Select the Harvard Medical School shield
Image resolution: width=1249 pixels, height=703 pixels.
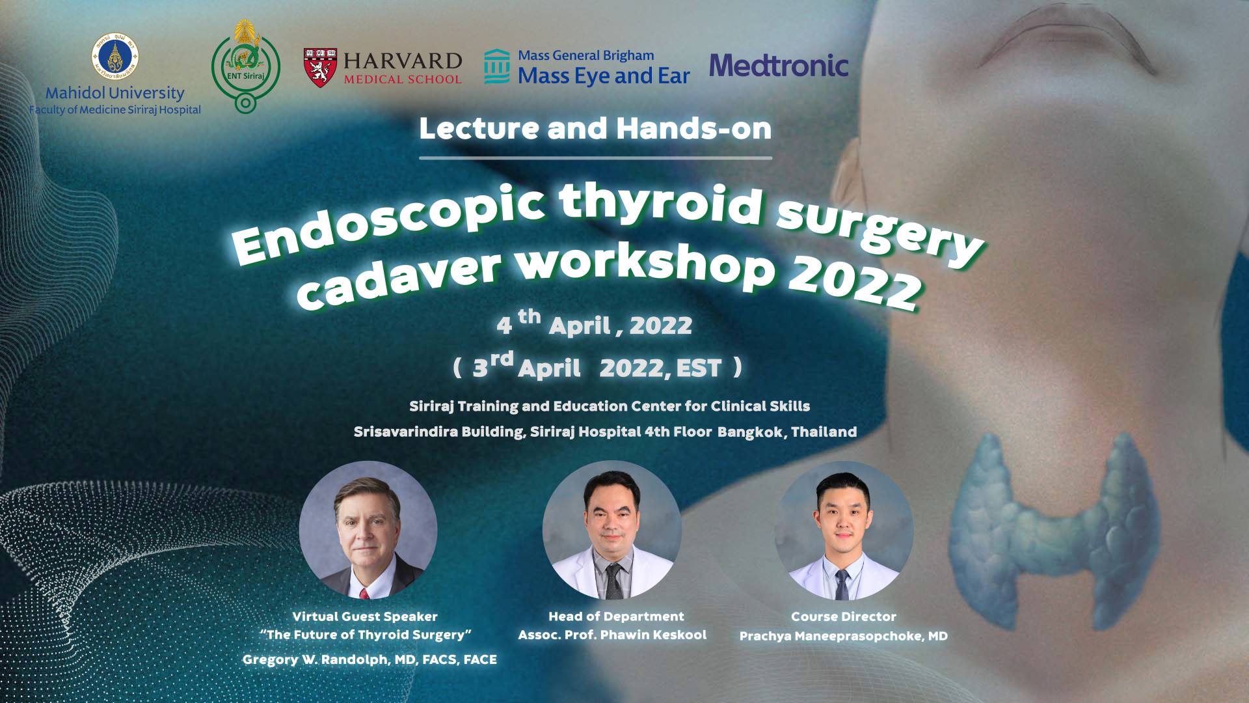[x=320, y=68]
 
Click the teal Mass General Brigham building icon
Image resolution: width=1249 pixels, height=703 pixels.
[x=497, y=66]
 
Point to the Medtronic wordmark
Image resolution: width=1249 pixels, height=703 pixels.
[x=779, y=65]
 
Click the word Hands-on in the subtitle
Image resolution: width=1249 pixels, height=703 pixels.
[x=693, y=128]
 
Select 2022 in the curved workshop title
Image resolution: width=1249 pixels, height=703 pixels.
[x=854, y=282]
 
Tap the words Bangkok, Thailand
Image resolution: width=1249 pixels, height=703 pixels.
[x=787, y=432]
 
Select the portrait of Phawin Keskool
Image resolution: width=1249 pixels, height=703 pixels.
[x=611, y=530]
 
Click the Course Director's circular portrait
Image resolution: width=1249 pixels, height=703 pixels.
[x=843, y=530]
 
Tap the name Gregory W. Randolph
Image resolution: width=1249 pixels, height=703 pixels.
[x=316, y=660]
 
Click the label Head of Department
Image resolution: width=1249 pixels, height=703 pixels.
[x=616, y=616]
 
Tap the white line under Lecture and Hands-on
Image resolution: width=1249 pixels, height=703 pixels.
[x=595, y=158]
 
